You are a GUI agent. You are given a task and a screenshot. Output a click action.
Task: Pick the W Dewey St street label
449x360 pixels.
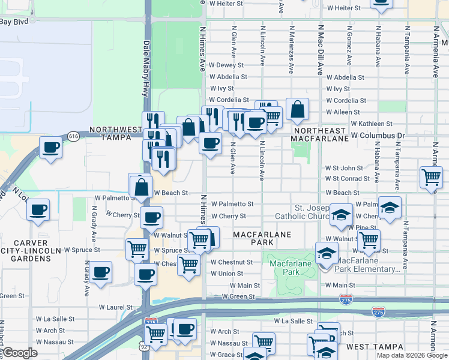[x=226, y=65]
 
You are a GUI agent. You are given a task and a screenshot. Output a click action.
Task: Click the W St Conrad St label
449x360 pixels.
[x=348, y=179]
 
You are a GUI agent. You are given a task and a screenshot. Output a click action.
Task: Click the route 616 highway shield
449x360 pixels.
[x=73, y=136]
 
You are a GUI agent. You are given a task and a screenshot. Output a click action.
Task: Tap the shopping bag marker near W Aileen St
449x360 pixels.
[x=297, y=110]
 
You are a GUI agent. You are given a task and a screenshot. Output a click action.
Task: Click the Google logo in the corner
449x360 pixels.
[x=21, y=353]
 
